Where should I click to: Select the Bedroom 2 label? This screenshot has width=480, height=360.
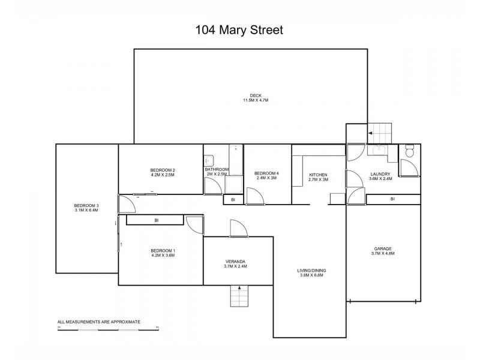[x=163, y=170]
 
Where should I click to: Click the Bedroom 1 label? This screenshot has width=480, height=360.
[x=163, y=250]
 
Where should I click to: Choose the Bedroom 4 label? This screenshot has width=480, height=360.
[x=267, y=174]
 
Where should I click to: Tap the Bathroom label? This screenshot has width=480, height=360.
[x=217, y=169]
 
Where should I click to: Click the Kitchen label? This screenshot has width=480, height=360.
[x=318, y=175]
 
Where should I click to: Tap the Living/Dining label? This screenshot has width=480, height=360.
[x=311, y=271]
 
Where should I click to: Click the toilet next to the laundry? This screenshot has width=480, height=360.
[x=410, y=152]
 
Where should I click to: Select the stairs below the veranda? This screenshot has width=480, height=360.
[x=239, y=295]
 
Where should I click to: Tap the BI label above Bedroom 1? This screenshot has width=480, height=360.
[x=157, y=220]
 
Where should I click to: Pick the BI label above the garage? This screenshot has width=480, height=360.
[x=392, y=199]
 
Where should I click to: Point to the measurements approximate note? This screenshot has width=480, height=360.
[x=98, y=322]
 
